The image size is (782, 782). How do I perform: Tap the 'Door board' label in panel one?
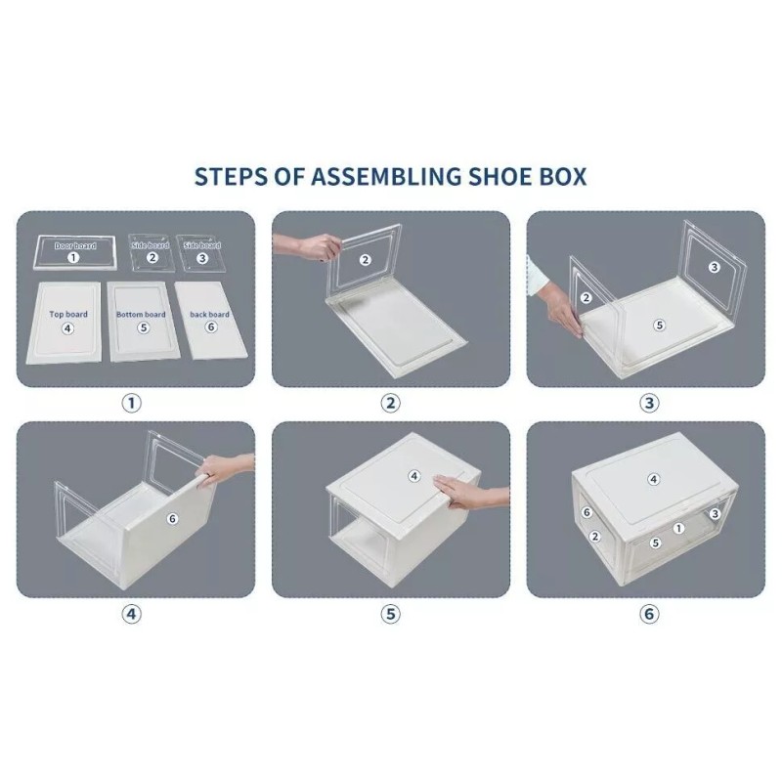74,245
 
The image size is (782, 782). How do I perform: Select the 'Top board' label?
67,315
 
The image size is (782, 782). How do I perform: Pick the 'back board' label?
210,315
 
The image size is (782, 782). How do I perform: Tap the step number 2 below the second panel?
391,403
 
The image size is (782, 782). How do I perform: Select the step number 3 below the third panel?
649,403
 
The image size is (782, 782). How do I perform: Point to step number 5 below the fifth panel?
391,614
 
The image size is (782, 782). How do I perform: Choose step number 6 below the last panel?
649,614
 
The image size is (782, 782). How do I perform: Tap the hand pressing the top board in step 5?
464,493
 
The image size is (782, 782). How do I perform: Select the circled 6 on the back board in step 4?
172,519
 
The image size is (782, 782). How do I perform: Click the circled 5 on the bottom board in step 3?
659,325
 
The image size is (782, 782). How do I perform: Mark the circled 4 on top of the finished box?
654,479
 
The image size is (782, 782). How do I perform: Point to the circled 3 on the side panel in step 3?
714,267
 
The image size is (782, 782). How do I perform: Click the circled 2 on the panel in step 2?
365,260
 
